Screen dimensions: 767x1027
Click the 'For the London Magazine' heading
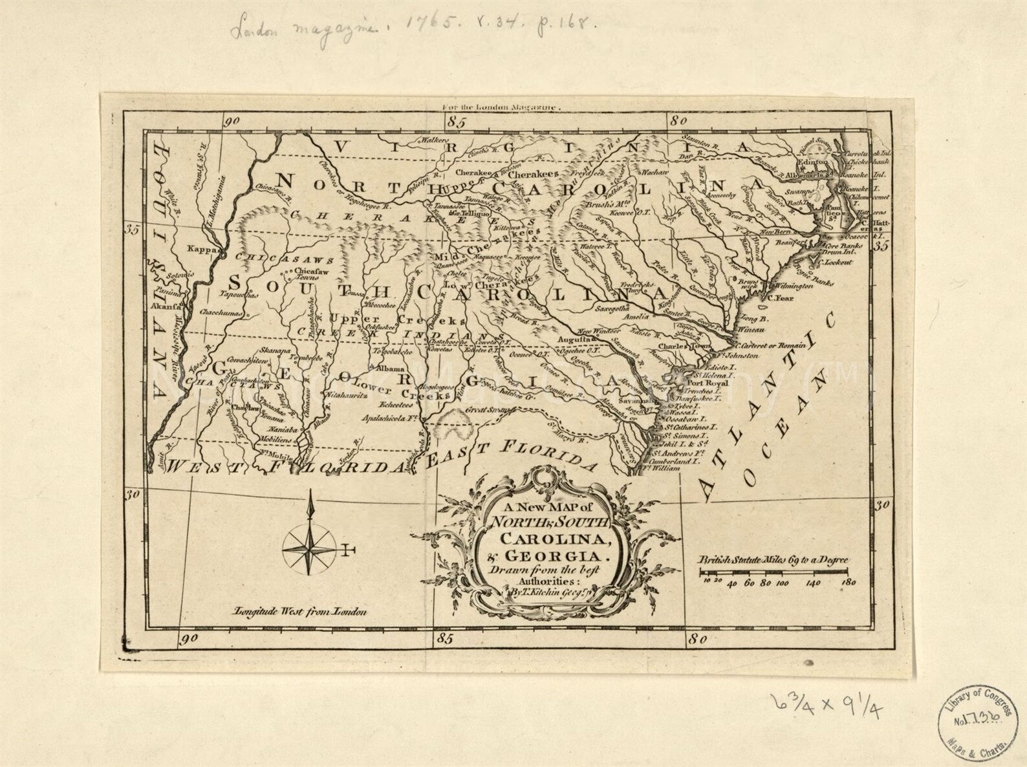click(500, 109)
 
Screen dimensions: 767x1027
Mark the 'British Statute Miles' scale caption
click(773, 561)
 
